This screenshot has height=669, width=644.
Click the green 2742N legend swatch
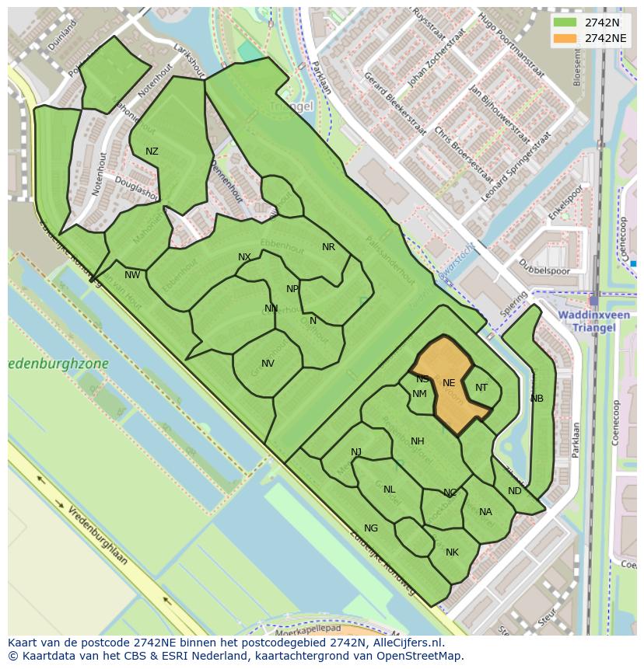(565, 23)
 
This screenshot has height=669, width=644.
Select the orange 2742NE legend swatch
(565, 38)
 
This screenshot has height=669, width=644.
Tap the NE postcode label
(449, 383)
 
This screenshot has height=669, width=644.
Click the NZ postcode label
(152, 152)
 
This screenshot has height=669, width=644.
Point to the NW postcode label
(132, 275)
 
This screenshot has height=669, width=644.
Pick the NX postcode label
(244, 257)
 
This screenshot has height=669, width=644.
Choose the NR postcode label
(328, 247)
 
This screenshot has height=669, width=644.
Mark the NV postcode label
(268, 364)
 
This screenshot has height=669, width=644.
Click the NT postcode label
(481, 388)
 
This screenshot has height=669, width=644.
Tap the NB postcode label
(537, 399)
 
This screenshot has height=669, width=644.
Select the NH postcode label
(418, 441)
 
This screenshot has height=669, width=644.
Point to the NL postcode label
(390, 490)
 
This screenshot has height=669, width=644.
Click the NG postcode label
(371, 528)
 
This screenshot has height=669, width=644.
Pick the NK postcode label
(452, 552)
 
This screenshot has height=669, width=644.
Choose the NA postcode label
(485, 512)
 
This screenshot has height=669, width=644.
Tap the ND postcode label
(514, 491)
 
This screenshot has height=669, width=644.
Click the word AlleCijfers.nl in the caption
(404, 643)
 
